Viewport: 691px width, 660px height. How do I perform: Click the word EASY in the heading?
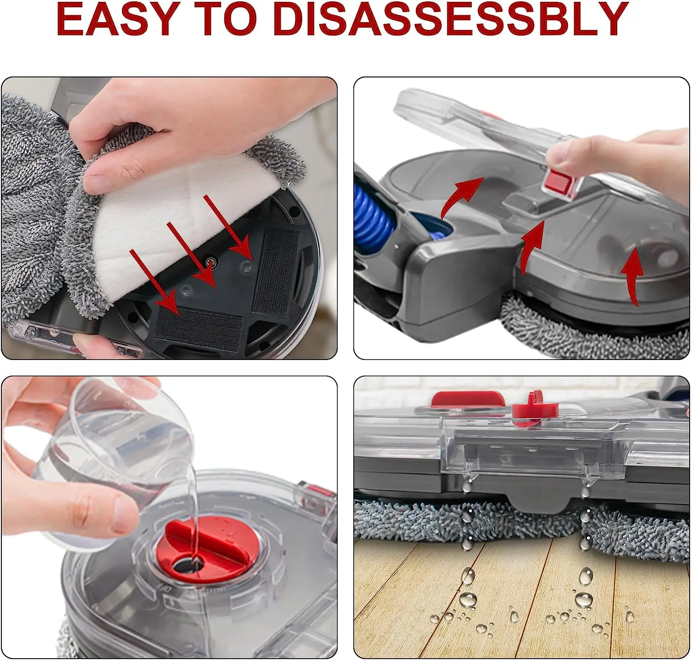point(117,19)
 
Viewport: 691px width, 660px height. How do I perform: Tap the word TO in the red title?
point(225,19)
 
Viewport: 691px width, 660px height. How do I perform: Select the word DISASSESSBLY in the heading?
point(451,19)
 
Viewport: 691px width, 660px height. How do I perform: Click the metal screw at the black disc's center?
point(212,261)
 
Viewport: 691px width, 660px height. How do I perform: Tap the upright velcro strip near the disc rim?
point(276,272)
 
